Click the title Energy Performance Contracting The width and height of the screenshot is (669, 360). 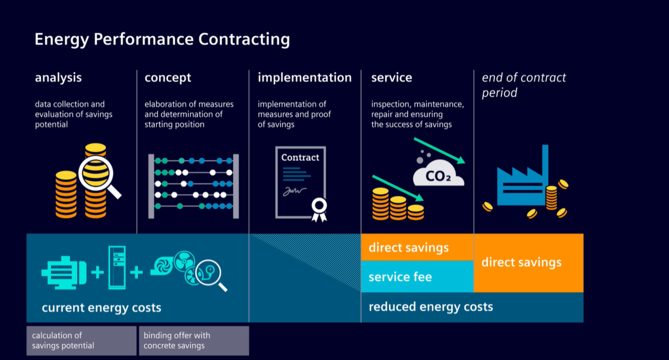coord(162,40)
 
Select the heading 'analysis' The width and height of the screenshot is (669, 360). coord(59,78)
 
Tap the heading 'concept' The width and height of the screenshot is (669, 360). coord(168,78)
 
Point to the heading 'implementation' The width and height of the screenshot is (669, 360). coord(305,78)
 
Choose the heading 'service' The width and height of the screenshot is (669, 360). coord(391,78)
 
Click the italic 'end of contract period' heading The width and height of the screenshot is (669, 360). coord(524,85)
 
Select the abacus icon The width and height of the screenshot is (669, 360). coord(193,185)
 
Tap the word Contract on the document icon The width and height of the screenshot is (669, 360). coord(300,157)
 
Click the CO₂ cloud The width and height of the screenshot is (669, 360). coord(439,175)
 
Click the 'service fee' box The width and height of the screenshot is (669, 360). coord(417,276)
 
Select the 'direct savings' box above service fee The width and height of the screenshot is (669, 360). coord(417,247)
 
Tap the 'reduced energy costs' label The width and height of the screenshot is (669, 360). coord(431,307)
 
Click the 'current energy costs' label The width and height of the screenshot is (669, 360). coord(101,308)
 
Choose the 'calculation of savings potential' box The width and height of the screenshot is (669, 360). coord(81,341)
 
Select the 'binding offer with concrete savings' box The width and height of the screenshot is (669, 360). coord(194,341)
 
